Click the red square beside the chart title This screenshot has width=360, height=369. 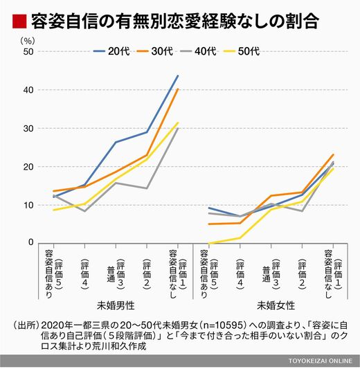(19, 21)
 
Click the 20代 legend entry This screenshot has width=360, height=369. (111, 51)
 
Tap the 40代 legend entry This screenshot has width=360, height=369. (198, 51)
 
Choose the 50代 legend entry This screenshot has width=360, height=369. (242, 51)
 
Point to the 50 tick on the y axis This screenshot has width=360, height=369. (28, 51)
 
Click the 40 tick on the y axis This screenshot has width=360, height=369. (28, 90)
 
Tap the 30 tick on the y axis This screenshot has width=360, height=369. (28, 129)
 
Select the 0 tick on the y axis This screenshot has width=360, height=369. (31, 242)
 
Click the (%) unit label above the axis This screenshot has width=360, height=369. (28, 41)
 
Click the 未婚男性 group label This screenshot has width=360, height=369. (116, 306)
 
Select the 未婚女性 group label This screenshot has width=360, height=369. (276, 306)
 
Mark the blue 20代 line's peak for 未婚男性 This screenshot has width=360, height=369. (178, 75)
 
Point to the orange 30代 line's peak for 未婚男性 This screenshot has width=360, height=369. (178, 89)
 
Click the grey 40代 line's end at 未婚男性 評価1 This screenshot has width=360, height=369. (178, 128)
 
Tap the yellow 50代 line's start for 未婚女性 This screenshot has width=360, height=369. (209, 243)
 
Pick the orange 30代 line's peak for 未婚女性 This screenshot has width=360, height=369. (333, 154)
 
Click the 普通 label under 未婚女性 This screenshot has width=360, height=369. (266, 274)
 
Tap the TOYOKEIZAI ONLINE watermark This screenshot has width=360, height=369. (321, 361)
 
